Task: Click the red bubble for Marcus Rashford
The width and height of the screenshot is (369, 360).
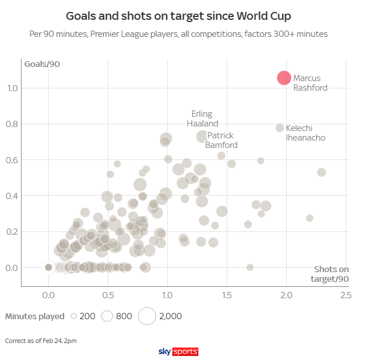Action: click(284, 78)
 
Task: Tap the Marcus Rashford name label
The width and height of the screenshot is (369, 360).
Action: click(310, 83)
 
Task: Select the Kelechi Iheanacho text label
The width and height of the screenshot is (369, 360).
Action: click(306, 133)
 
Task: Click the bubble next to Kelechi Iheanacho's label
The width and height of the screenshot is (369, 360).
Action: click(279, 128)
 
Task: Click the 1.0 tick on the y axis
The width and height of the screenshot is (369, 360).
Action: click(12, 88)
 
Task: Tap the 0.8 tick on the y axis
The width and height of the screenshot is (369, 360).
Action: click(12, 124)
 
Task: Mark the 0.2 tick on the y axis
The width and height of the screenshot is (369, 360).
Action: click(12, 232)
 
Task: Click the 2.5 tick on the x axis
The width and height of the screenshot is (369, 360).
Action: click(346, 295)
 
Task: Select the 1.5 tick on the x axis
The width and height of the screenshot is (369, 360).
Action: click(227, 295)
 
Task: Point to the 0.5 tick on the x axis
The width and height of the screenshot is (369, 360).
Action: click(108, 295)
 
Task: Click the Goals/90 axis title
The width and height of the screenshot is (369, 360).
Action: click(42, 63)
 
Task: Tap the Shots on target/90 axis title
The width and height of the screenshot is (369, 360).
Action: click(332, 274)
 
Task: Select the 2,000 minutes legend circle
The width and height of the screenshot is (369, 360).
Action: click(147, 316)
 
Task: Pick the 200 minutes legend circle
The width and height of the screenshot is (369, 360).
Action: click(73, 316)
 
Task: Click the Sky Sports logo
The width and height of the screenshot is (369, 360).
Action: click(179, 351)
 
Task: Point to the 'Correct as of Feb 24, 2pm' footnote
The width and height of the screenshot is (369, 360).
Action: click(41, 341)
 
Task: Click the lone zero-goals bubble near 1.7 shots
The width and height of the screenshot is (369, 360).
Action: click(250, 268)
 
